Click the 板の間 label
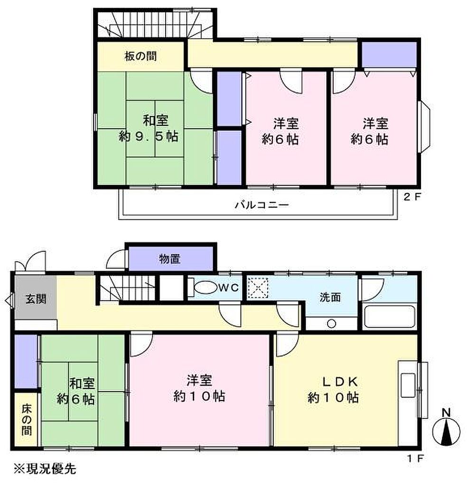[140, 56]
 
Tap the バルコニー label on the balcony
[262, 205]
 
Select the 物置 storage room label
[169, 259]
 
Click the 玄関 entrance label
[36, 299]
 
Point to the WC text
[229, 288]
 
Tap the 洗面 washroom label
[330, 297]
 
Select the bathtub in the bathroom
[390, 316]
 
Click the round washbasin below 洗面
[332, 323]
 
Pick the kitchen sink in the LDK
[408, 385]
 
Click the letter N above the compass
[446, 413]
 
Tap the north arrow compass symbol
[446, 432]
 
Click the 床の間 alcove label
[27, 419]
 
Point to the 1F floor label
[415, 459]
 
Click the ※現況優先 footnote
[45, 468]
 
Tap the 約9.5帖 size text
[149, 136]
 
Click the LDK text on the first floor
[340, 382]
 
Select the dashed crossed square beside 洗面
[258, 288]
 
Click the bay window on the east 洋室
[424, 127]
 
